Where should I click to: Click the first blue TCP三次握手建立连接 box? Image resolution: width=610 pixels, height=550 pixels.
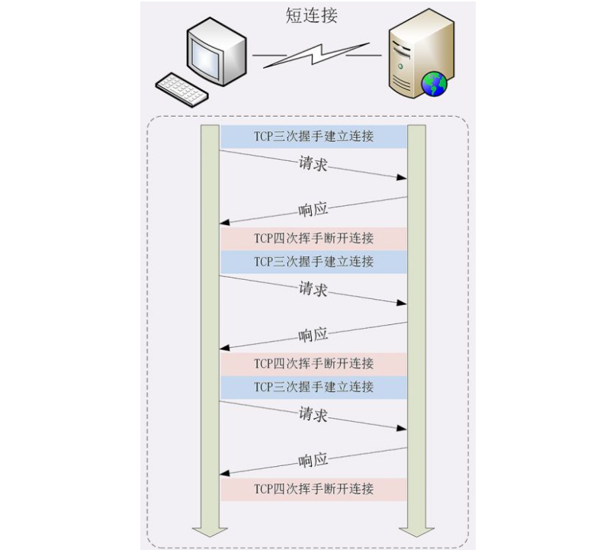pos(313,137)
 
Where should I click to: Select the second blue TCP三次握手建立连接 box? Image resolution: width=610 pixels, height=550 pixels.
pos(313,262)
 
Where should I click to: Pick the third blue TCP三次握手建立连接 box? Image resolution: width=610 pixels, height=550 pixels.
pos(313,387)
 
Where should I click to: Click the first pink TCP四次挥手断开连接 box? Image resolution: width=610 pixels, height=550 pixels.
pos(313,238)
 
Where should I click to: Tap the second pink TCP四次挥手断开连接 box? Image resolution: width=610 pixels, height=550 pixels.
pos(313,363)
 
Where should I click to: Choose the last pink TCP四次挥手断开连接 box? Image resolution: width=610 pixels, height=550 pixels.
pos(313,488)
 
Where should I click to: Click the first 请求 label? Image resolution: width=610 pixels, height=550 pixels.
pos(313,164)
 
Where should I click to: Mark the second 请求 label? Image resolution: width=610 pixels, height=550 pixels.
pos(313,289)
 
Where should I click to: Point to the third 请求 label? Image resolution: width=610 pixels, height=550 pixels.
pos(313,414)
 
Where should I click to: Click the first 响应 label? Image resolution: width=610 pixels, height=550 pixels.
pos(313,210)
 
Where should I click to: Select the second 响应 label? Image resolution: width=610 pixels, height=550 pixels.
pos(313,334)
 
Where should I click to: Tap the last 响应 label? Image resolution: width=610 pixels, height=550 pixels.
pos(313,460)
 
